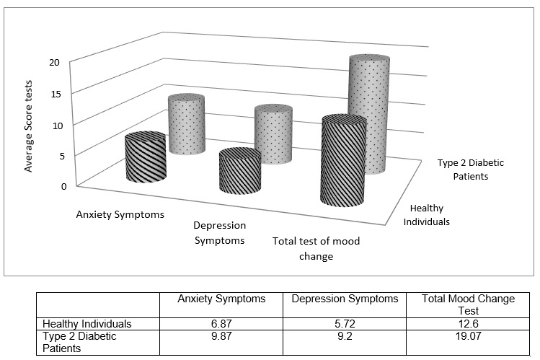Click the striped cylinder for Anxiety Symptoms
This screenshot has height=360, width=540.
point(146,160)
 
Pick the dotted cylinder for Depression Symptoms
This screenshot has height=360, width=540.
point(273,135)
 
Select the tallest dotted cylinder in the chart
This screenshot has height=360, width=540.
point(369,115)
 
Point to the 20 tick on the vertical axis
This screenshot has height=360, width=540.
point(54,63)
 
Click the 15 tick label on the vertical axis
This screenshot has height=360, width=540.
point(54,94)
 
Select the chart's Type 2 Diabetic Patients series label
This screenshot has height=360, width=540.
point(470,169)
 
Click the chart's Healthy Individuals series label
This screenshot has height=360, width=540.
point(426,215)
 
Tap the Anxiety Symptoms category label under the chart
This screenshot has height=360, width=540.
point(119,214)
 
